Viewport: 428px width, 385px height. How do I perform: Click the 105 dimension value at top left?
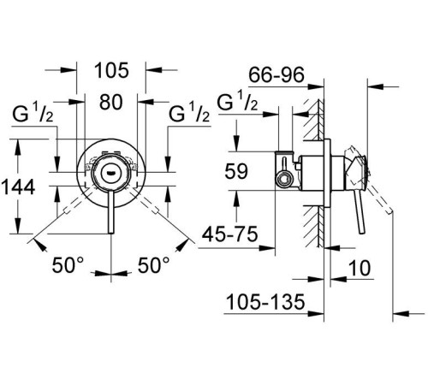[110, 68]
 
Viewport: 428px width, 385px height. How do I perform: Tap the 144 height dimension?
[19, 187]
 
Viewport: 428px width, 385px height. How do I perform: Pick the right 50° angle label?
[155, 267]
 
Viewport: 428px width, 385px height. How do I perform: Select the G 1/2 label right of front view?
[189, 113]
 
